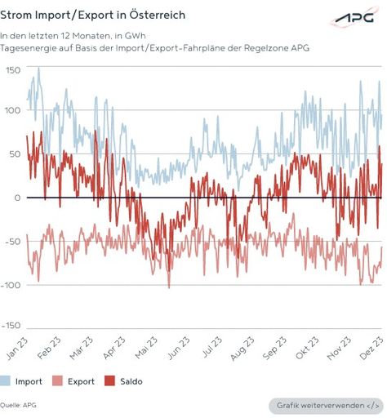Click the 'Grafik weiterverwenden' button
point(324,406)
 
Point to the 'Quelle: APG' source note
point(18,405)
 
